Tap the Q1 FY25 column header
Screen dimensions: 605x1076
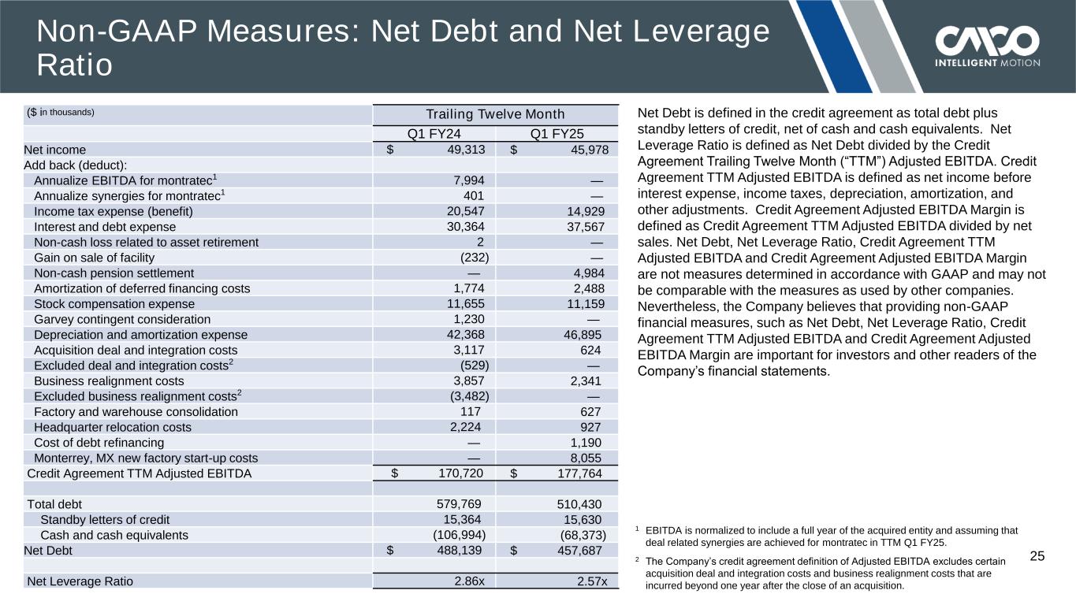click(557, 133)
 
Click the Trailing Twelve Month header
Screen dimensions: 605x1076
click(495, 115)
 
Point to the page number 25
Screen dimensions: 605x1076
click(1037, 557)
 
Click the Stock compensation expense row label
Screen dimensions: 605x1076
click(114, 304)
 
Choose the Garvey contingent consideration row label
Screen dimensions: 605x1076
click(122, 319)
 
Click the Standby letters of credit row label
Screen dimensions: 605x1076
click(105, 520)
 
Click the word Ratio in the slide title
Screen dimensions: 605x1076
click(74, 65)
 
